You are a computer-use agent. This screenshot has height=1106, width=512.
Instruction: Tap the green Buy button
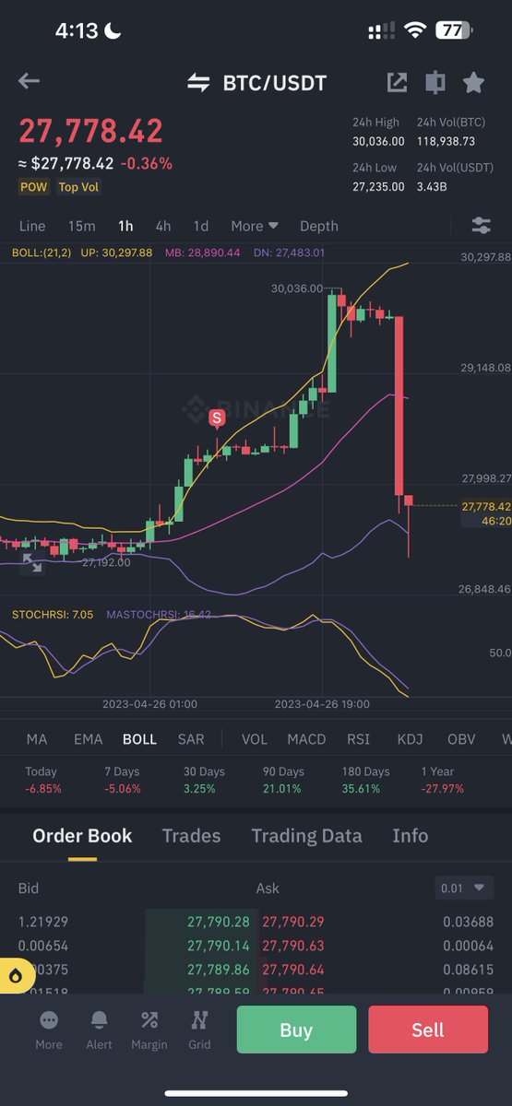pyautogui.click(x=296, y=1030)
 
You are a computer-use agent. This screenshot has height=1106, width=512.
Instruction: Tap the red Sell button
pyautogui.click(x=428, y=1030)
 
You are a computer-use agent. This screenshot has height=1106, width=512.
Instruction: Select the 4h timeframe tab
pyautogui.click(x=163, y=226)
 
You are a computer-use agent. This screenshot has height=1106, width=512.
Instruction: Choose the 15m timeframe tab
pyautogui.click(x=81, y=226)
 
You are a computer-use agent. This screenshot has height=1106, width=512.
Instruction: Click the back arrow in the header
pyautogui.click(x=29, y=82)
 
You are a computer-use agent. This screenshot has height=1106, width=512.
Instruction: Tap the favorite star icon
pyautogui.click(x=473, y=83)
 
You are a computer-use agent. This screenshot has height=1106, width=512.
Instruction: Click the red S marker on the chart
pyautogui.click(x=217, y=418)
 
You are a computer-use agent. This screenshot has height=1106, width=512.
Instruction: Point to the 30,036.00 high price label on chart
pyautogui.click(x=297, y=288)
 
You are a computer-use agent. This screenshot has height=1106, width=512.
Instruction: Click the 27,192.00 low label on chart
pyautogui.click(x=106, y=561)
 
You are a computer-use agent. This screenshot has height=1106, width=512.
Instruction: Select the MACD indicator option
pyautogui.click(x=306, y=739)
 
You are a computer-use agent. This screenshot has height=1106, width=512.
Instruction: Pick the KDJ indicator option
pyautogui.click(x=410, y=739)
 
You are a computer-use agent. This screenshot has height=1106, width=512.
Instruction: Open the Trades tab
pyautogui.click(x=191, y=836)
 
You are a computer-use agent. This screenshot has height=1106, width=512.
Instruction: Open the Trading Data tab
pyautogui.click(x=306, y=836)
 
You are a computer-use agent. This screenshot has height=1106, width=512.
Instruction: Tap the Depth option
pyautogui.click(x=319, y=226)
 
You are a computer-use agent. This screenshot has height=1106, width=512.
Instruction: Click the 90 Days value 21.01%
pyautogui.click(x=283, y=789)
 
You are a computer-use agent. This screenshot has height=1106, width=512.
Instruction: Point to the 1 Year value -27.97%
pyautogui.click(x=442, y=789)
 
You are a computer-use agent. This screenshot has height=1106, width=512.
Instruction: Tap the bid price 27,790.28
pyautogui.click(x=218, y=922)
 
